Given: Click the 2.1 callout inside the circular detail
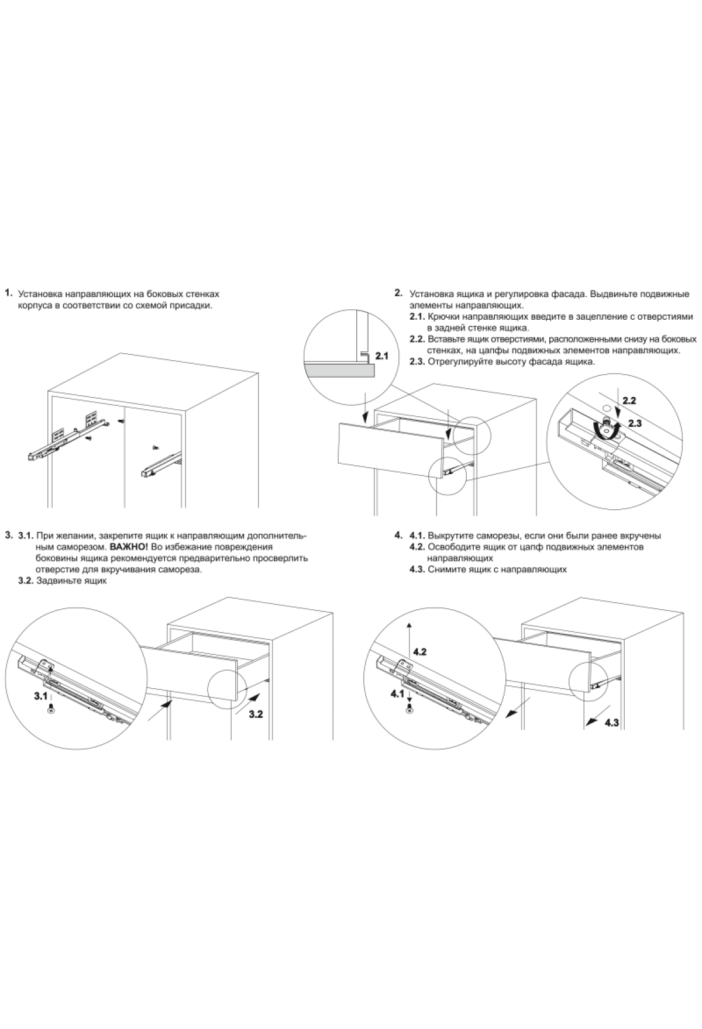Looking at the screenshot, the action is [x=381, y=355].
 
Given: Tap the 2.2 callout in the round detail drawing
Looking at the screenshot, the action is [x=629, y=401].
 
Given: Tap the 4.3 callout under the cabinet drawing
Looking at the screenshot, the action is [x=612, y=723].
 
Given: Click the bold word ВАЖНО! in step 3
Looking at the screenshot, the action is [x=129, y=547].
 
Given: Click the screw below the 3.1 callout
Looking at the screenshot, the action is [x=51, y=709].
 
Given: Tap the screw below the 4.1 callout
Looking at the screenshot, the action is [x=409, y=709].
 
